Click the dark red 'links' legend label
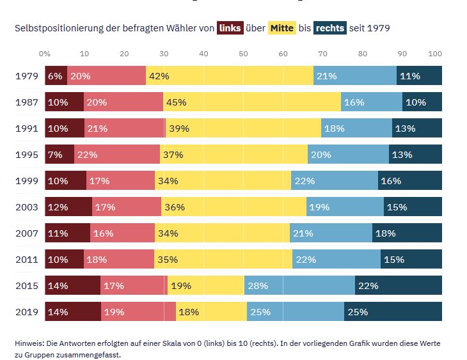pyautogui.click(x=230, y=28)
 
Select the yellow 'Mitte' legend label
pyautogui.click(x=281, y=28)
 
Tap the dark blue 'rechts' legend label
pyautogui.click(x=329, y=28)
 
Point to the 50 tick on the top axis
pyautogui.click(x=243, y=54)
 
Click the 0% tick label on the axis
pyautogui.click(x=45, y=54)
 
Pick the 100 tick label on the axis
pyautogui.click(x=435, y=54)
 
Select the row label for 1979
pyautogui.click(x=26, y=76)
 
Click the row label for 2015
pyautogui.click(x=26, y=286)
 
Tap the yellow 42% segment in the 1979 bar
pyautogui.click(x=229, y=76)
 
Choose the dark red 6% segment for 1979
pyautogui.click(x=56, y=76)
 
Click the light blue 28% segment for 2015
pyautogui.click(x=299, y=286)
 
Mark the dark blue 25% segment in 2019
pyautogui.click(x=393, y=312)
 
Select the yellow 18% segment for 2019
pyautogui.click(x=211, y=312)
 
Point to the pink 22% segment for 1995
pyautogui.click(x=116, y=155)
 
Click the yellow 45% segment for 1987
pyautogui.click(x=252, y=102)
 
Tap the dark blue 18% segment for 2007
pyautogui.click(x=407, y=233)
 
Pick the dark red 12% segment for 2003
pyautogui.click(x=68, y=207)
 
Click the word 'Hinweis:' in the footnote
pyautogui.click(x=29, y=343)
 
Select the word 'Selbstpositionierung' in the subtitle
pyautogui.click(x=58, y=29)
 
